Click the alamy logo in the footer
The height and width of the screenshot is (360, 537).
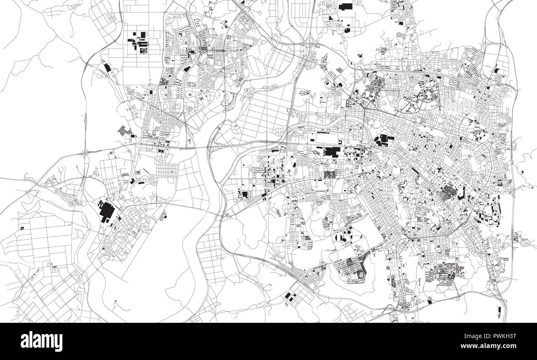coord(41,341)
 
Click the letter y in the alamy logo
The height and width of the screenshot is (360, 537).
coord(59,343)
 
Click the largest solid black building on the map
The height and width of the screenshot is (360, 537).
coord(107,211)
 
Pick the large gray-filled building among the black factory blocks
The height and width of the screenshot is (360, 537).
coord(143,50)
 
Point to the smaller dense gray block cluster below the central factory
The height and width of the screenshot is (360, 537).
coord(331,174)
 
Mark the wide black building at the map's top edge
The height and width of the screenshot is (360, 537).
coord(345,6)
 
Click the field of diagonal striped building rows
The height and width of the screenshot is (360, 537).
coord(125,131)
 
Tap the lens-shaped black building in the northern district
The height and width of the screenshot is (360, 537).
coord(187,69)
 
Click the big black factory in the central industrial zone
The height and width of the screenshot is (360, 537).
coord(331,151)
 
